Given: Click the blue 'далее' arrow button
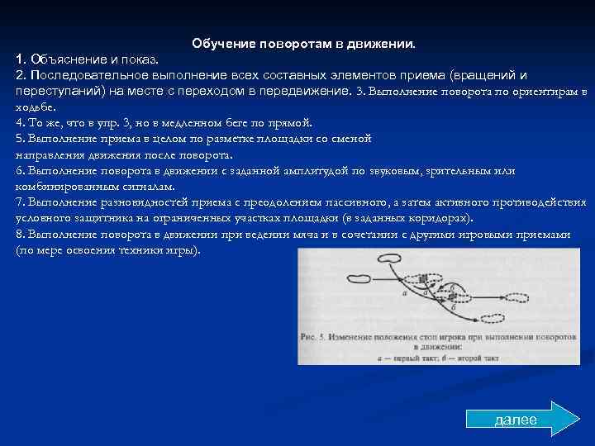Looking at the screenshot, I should [521, 419].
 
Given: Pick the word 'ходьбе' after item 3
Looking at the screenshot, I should [34, 107].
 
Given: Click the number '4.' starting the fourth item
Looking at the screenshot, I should [21, 122].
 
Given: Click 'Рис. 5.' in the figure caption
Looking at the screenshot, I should [315, 336].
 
